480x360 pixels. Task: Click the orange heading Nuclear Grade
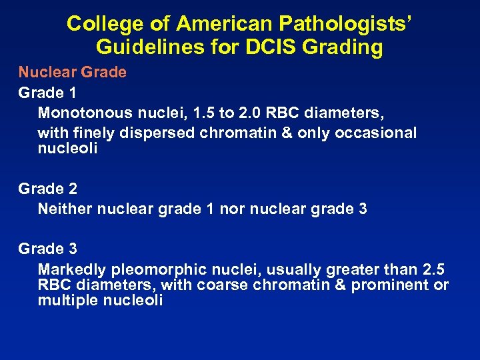72,72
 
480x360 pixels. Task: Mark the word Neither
65,209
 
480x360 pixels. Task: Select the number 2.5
433,269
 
